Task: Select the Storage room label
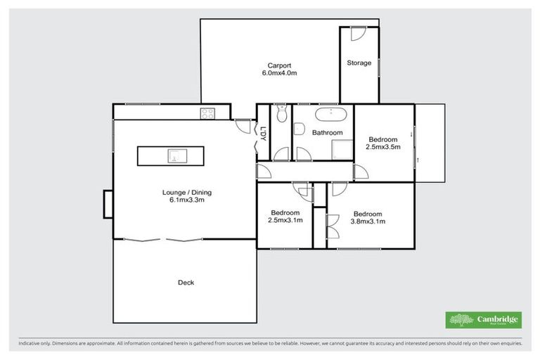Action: click(359, 63)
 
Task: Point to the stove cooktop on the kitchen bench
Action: click(209, 112)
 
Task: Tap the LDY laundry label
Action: click(262, 134)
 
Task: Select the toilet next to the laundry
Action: click(281, 114)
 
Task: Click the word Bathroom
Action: click(327, 132)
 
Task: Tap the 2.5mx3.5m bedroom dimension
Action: click(384, 148)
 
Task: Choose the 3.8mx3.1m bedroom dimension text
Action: click(368, 221)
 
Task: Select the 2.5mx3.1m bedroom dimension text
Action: click(285, 221)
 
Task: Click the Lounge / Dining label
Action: click(186, 192)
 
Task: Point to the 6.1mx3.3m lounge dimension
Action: click(186, 200)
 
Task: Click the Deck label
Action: click(186, 283)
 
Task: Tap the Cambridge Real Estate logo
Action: click(483, 320)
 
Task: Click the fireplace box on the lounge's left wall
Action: click(108, 203)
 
